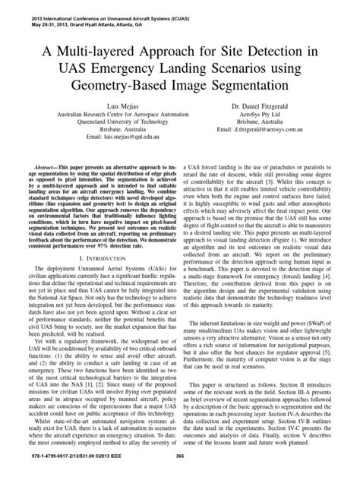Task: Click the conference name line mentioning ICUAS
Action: click(98, 14)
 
